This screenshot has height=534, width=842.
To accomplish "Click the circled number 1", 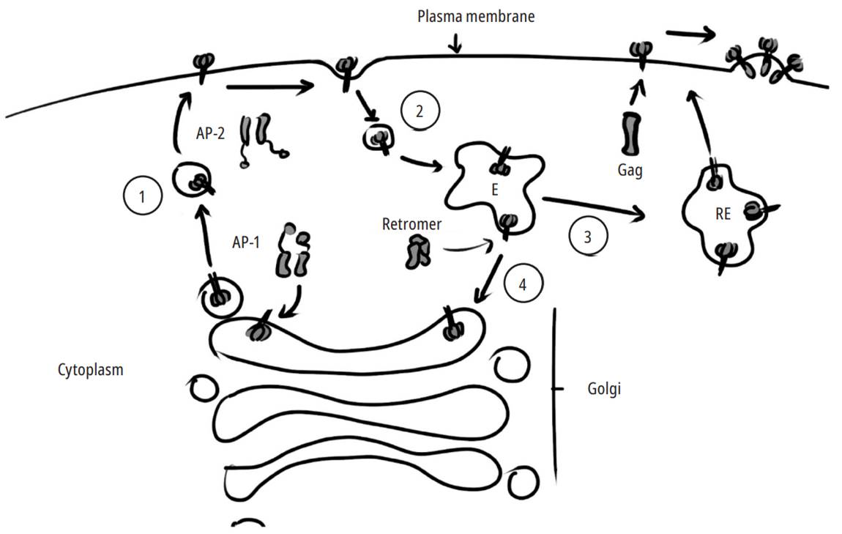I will pyautogui.click(x=142, y=197).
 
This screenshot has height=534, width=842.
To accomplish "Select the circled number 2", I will pyautogui.click(x=420, y=111).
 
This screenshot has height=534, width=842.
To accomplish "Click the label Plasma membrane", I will pyautogui.click(x=475, y=16).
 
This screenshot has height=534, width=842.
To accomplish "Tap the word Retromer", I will pyautogui.click(x=411, y=224).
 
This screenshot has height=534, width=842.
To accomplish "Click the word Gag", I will pyautogui.click(x=629, y=171).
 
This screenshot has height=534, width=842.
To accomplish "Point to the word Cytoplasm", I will pyautogui.click(x=90, y=370).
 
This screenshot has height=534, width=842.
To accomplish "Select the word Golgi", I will pyautogui.click(x=604, y=389).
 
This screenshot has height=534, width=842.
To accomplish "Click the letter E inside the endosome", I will pyautogui.click(x=496, y=188).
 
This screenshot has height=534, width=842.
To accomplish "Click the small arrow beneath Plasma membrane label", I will pyautogui.click(x=457, y=43).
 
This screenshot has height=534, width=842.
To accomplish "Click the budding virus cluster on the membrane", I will pyautogui.click(x=761, y=60).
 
